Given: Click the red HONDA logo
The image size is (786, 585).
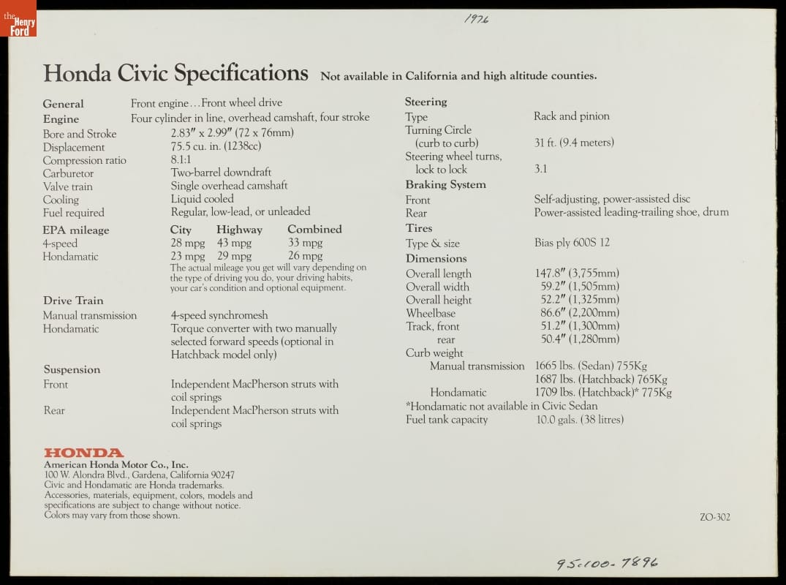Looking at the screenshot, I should pos(83,453).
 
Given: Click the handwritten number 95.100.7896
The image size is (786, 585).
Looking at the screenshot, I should pos(606,562).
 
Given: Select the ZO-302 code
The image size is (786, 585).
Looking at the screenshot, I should pos(714,517).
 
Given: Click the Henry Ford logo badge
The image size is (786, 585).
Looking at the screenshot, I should pos(18,20).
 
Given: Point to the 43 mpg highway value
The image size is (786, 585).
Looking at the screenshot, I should pos(234,243).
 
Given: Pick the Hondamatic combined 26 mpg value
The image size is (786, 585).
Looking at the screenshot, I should pos(305,256).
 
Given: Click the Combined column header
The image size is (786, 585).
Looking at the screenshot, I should pos(314,230).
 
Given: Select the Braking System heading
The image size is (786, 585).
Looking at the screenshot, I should pos(445,185).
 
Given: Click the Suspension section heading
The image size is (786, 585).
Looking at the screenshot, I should pos(72,369).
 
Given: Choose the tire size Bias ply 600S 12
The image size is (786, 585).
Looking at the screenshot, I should pos(572,243).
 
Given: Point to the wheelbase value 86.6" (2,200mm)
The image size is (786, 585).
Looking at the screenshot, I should pos(578,313).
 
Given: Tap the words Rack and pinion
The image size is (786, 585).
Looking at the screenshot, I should pos(571,116).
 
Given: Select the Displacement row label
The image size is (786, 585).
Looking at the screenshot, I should pos(73,147).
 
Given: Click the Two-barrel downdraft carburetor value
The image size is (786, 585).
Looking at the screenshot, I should pos(221,173).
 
